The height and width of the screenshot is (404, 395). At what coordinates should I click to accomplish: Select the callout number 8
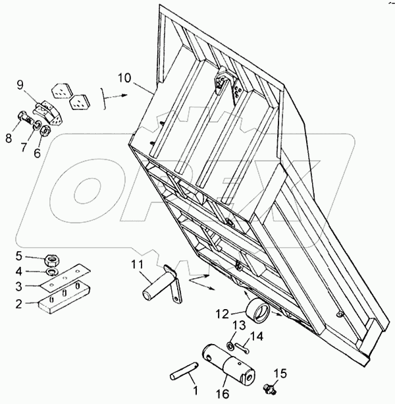[9, 138]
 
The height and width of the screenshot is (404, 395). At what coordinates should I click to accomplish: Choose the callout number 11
[136, 265]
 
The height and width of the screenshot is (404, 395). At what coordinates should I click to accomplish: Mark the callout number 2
[19, 304]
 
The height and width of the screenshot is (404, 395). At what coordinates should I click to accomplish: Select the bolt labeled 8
[24, 123]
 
